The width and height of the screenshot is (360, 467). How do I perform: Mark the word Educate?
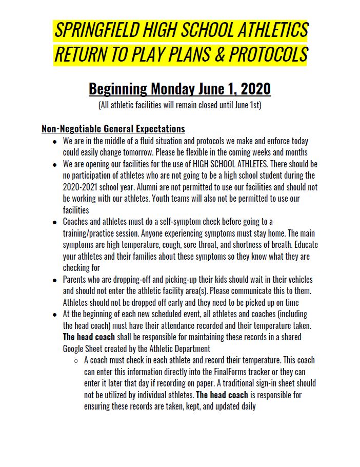tap(303, 245)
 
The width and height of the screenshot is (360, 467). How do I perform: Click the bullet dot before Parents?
tap(55, 280)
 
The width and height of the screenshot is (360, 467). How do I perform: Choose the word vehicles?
tap(296, 280)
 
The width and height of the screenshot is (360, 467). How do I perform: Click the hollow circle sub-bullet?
tap(76, 360)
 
